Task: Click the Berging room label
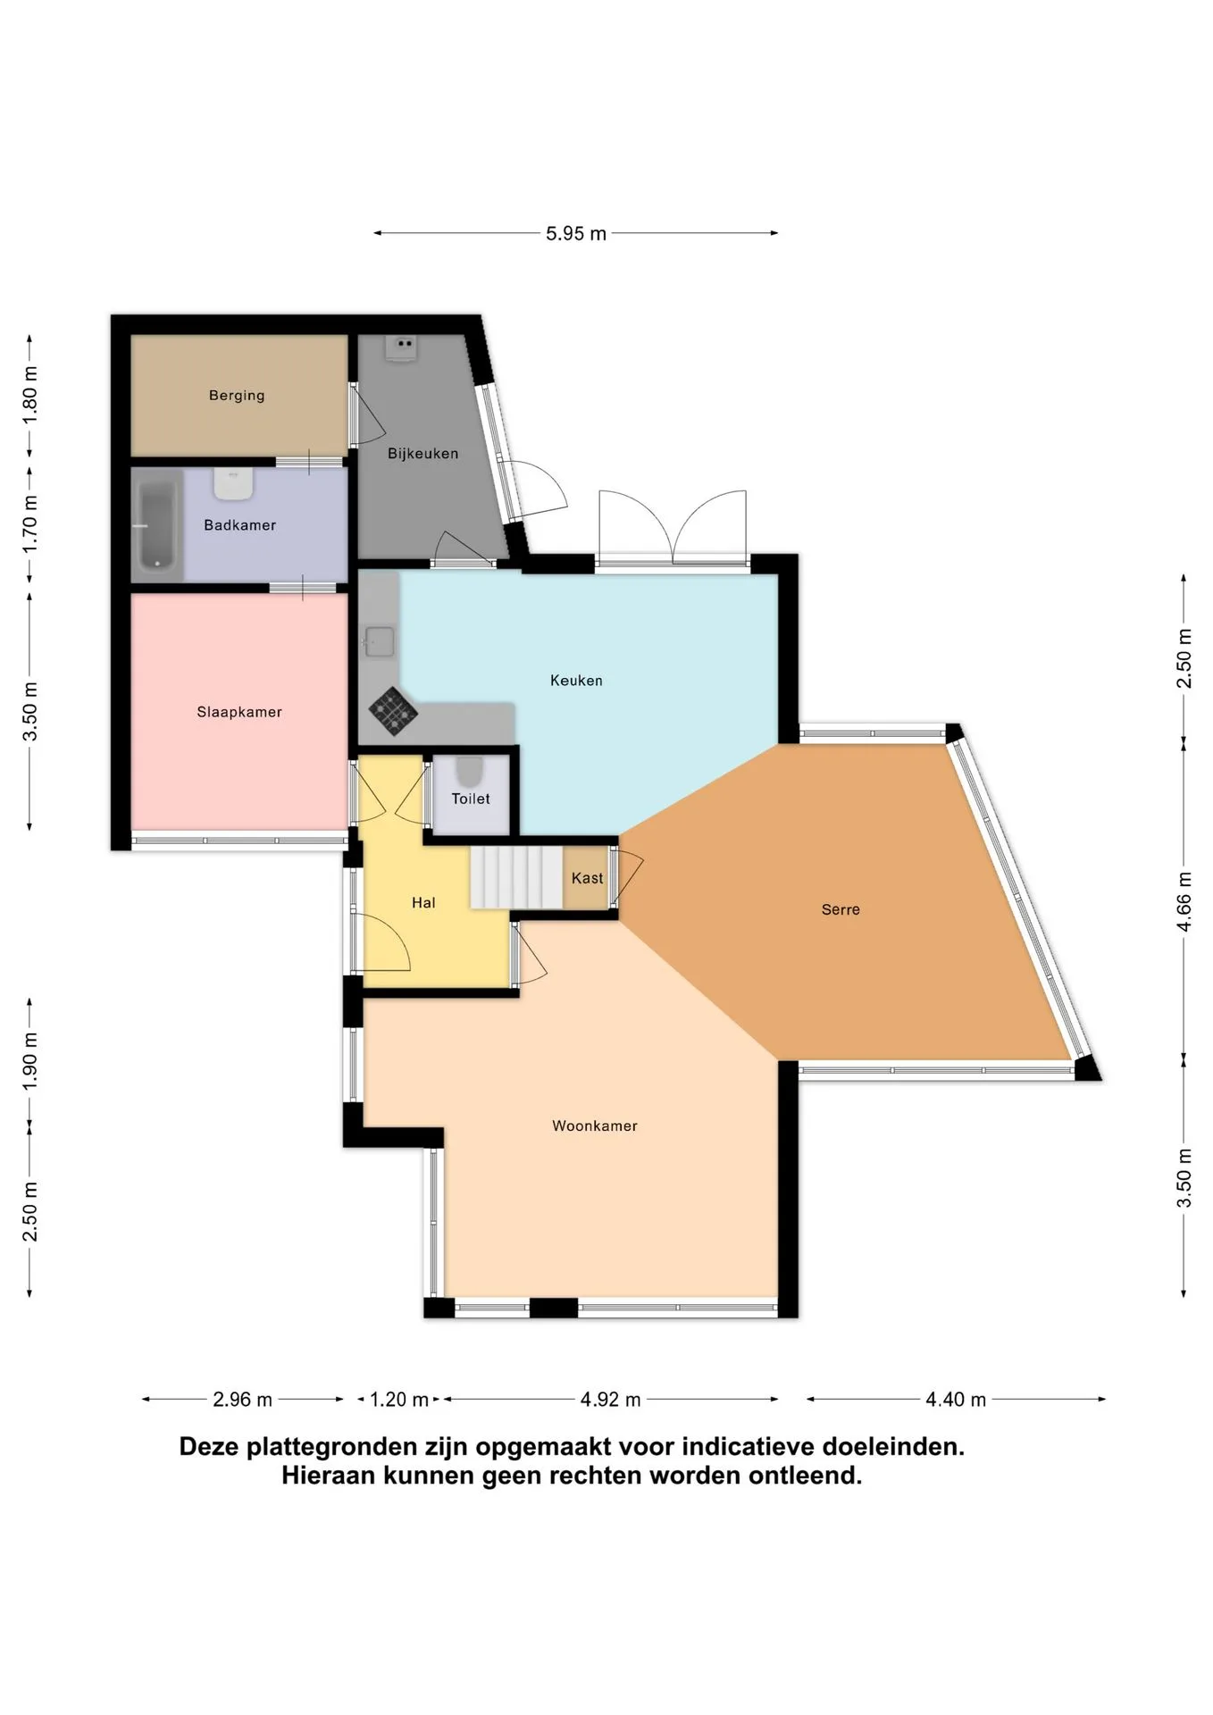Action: (x=237, y=395)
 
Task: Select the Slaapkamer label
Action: (x=239, y=712)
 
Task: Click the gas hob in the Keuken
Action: (x=393, y=711)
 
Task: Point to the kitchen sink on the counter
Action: (x=379, y=641)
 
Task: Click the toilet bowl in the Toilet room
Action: (x=469, y=771)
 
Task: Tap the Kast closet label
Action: (x=587, y=878)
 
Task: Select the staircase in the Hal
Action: (x=516, y=877)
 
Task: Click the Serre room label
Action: (x=841, y=909)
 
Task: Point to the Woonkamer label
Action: (x=595, y=1125)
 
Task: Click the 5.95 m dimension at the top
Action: (x=576, y=233)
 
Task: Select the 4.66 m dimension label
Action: (x=1184, y=900)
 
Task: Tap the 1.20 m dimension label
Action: (x=399, y=1399)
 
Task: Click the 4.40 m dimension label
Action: (x=956, y=1399)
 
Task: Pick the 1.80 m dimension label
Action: (x=29, y=395)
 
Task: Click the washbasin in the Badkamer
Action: (x=233, y=483)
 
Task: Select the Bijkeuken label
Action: (x=422, y=453)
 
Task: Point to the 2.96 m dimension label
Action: (x=242, y=1399)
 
